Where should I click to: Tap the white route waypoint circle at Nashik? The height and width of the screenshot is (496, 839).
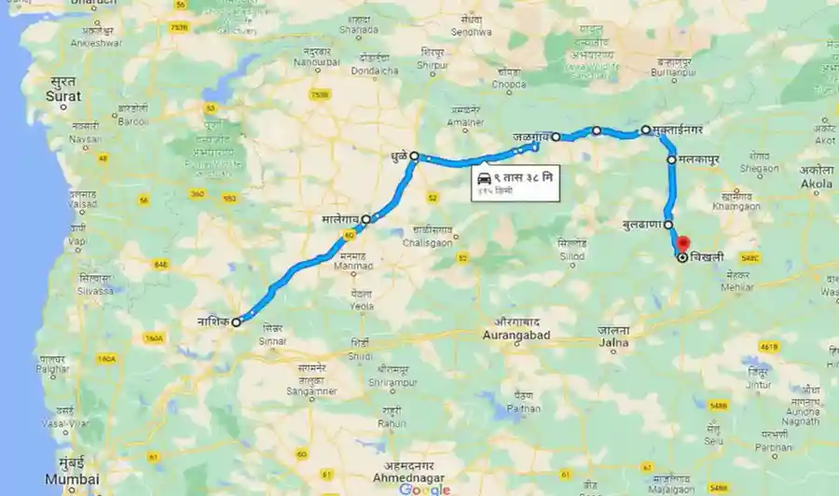[x=237, y=322]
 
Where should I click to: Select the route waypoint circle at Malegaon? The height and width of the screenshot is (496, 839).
[x=366, y=219]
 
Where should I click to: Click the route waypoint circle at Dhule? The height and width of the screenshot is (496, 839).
[x=414, y=157]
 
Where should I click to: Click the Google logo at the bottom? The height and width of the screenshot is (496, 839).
[x=424, y=489]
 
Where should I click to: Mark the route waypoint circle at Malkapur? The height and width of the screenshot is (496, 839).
[x=671, y=160]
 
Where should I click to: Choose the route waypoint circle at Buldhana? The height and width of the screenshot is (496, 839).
[x=668, y=225]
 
